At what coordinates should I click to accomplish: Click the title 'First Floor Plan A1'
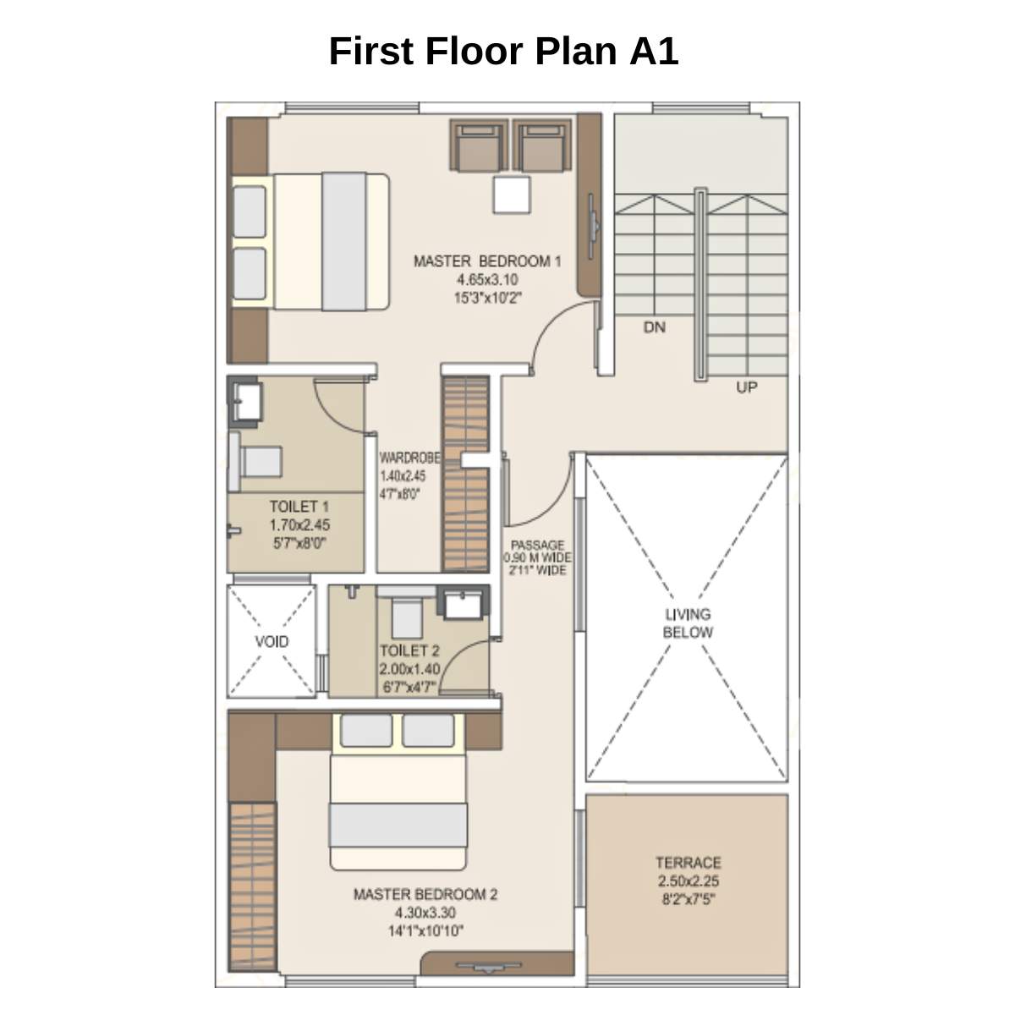[503, 51]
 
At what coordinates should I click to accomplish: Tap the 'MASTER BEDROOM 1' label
[487, 261]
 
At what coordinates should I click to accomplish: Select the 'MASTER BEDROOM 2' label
[425, 894]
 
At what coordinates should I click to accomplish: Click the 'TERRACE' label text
[688, 863]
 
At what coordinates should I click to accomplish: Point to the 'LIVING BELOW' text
[687, 623]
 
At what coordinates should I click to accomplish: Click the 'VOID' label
[272, 641]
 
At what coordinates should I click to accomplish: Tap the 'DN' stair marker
[654, 326]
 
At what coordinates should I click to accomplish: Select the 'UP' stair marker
[746, 387]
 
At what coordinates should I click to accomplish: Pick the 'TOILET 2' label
[409, 650]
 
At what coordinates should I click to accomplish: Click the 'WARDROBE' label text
[409, 458]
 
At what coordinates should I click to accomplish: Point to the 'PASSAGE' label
[537, 546]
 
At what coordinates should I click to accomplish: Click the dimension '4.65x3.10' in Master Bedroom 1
[487, 279]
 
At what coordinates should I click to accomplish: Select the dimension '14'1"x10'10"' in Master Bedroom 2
[425, 931]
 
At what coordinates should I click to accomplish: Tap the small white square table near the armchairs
[513, 195]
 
